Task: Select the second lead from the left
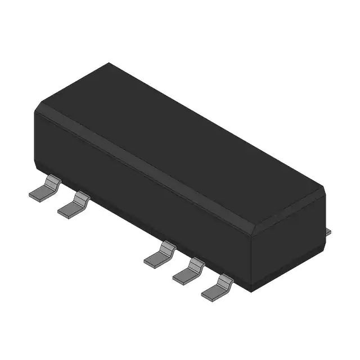pos(74,205)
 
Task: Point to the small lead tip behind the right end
pos(330,230)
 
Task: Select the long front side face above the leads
pos(141,191)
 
